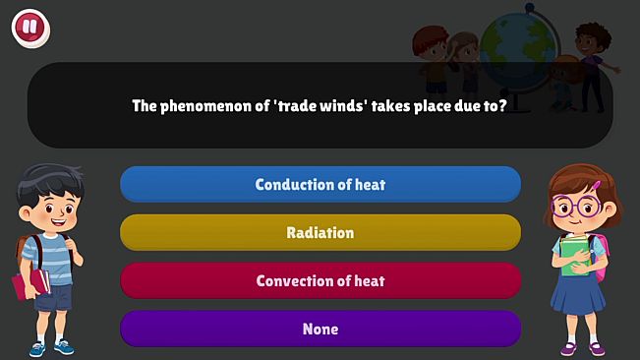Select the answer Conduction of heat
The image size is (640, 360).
[320, 184]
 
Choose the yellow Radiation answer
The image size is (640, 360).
[320, 232]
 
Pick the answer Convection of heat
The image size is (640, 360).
[320, 280]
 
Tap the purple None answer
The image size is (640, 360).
[320, 329]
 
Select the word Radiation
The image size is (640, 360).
[320, 232]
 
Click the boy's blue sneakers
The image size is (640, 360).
[51, 347]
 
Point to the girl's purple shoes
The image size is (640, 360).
[582, 347]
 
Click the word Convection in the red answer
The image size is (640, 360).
[291, 280]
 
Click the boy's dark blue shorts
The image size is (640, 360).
[54, 295]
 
